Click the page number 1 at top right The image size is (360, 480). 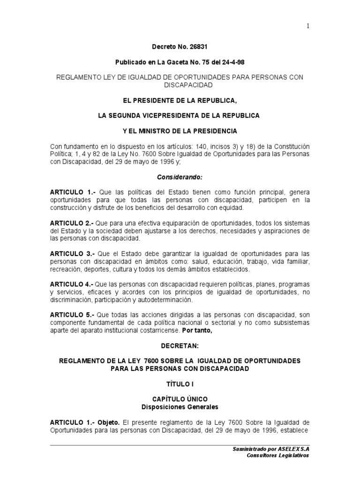click(308, 26)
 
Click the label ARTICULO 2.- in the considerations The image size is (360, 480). click(72, 223)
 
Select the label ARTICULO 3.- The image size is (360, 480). click(72, 254)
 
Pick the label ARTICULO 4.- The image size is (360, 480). click(72, 285)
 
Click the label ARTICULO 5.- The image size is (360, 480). click(72, 315)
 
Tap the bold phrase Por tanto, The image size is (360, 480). click(197, 330)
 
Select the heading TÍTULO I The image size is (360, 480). click(180, 383)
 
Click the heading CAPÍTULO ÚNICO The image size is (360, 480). click(180, 399)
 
